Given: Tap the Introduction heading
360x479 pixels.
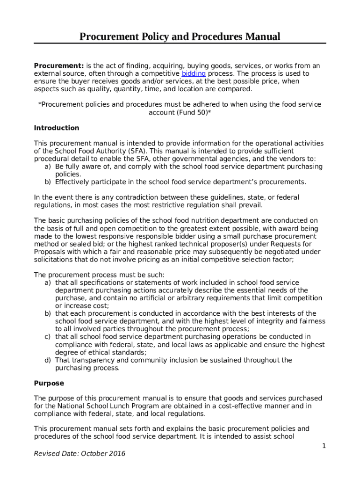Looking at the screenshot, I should [x=57, y=128].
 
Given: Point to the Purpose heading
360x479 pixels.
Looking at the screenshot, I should [x=49, y=383].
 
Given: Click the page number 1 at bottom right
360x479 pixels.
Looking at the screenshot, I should [x=324, y=446].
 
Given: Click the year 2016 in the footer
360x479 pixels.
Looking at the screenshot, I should [x=117, y=454].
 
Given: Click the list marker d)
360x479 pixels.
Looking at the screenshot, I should [x=48, y=360].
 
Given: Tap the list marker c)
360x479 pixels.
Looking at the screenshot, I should [x=48, y=337].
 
